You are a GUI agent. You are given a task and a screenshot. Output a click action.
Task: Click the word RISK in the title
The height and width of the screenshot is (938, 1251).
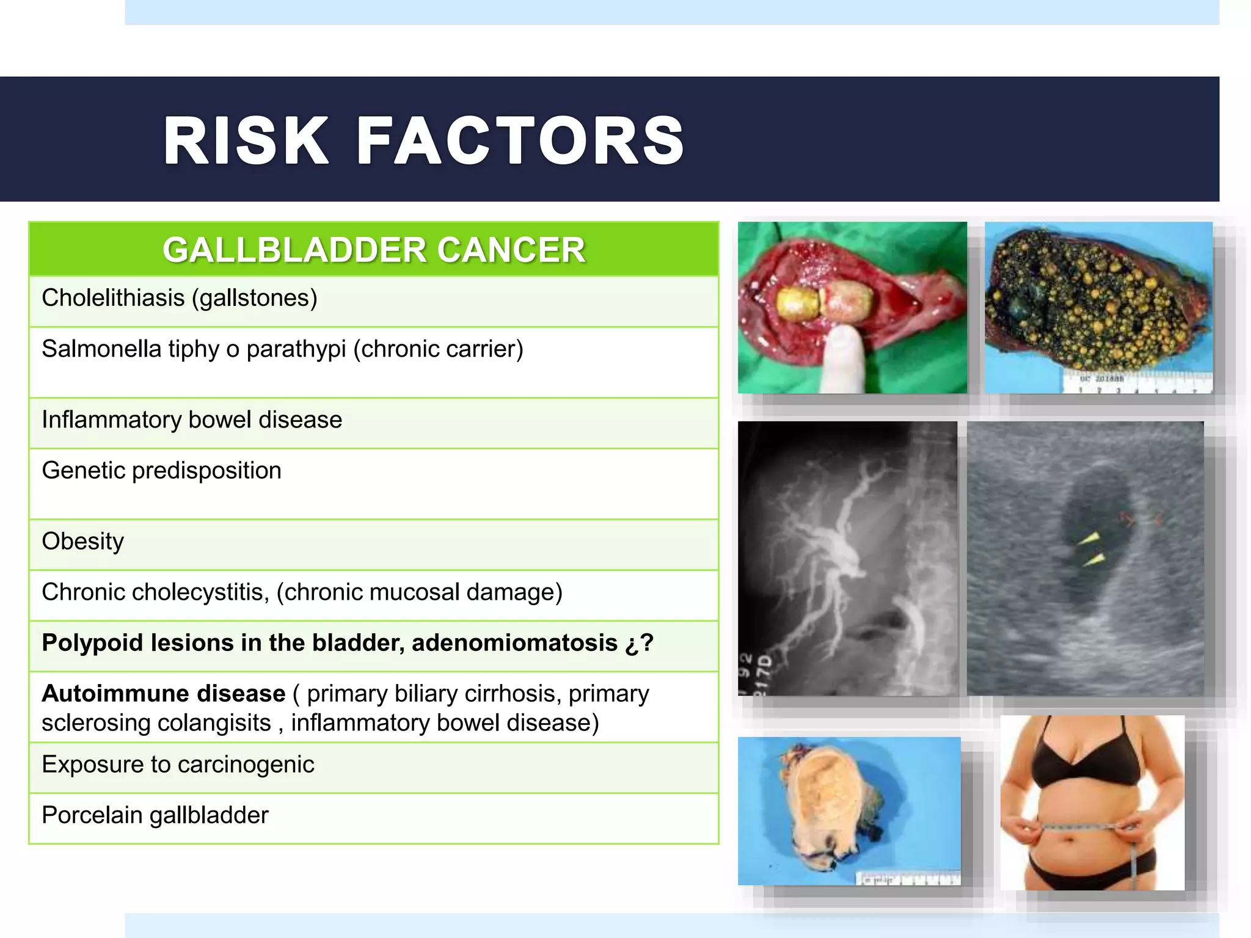click(246, 141)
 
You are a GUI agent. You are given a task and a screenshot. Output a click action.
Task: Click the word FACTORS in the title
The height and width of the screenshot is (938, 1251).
click(520, 141)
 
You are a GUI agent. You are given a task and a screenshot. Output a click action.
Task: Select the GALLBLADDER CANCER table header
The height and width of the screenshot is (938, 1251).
click(374, 250)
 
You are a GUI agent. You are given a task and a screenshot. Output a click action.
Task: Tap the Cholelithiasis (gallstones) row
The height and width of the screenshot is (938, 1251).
click(180, 298)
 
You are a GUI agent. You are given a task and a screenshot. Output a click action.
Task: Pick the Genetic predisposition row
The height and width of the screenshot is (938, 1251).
click(161, 470)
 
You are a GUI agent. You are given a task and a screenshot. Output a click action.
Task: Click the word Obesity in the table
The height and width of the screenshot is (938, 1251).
click(82, 541)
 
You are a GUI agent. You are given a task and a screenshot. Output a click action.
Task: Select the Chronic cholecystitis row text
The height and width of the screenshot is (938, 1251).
click(302, 592)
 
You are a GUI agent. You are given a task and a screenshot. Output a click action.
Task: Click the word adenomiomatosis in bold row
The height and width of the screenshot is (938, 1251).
click(514, 643)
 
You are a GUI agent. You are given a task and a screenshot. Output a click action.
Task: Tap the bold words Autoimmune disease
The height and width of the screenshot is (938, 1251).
click(163, 694)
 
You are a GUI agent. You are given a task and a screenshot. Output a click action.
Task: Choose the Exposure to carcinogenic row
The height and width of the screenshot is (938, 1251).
click(178, 765)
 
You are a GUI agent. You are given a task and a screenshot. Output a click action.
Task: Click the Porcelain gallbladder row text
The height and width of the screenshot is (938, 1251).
click(155, 815)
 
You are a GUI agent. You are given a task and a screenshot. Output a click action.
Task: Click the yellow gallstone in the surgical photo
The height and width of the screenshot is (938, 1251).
click(797, 304)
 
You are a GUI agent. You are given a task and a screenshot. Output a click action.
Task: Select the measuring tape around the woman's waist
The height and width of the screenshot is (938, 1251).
click(1087, 828)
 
